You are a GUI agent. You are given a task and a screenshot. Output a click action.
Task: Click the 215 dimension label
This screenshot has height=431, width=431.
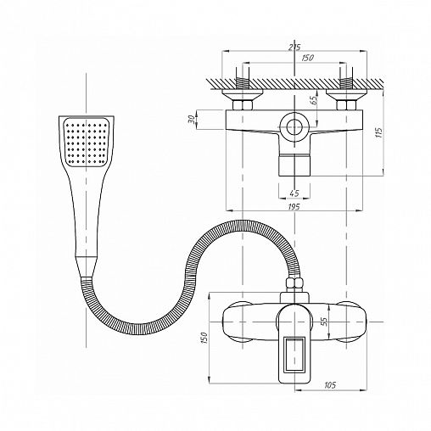[x=294, y=47]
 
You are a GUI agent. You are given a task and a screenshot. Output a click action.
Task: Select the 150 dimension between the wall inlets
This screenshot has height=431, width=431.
[x=308, y=58]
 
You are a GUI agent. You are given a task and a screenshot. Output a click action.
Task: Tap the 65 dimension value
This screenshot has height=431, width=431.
[x=314, y=100]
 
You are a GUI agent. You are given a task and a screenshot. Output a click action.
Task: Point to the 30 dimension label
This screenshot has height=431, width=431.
[x=192, y=120]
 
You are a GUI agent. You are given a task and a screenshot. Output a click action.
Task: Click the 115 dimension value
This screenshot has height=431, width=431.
[x=378, y=132]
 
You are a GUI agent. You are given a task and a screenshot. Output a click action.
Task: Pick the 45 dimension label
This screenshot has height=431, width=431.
[x=294, y=193]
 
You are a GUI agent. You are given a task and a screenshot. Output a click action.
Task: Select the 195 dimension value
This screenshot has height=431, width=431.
[x=294, y=207]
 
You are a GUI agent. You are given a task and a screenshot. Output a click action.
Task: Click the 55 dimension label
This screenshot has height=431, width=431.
[x=324, y=322]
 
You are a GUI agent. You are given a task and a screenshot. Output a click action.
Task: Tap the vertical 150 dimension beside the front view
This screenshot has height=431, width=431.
[x=204, y=339]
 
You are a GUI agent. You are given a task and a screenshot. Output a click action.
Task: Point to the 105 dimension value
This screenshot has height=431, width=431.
[x=330, y=385]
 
